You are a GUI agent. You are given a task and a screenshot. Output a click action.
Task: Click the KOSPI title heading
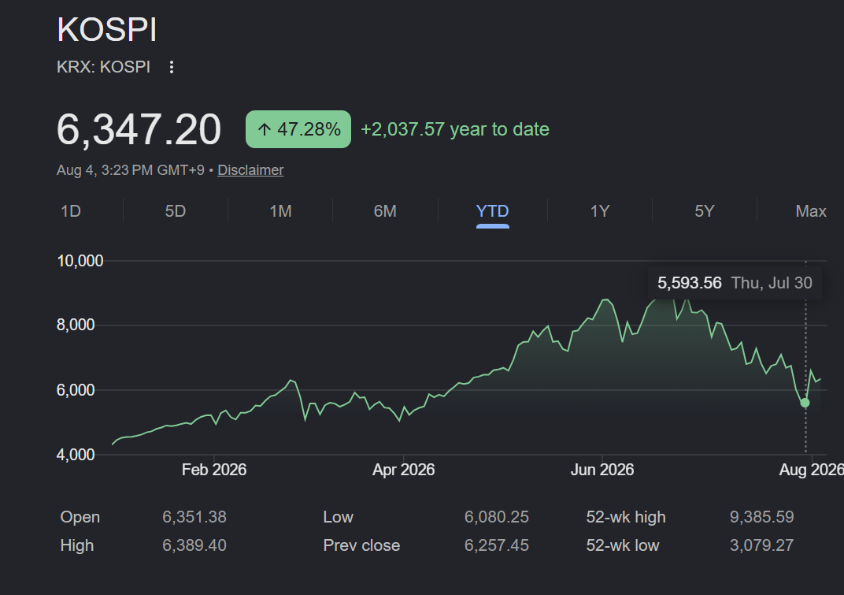[106, 29]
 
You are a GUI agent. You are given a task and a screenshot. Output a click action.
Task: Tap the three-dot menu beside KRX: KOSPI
[171, 67]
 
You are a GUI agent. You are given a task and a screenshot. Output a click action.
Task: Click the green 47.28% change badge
[298, 129]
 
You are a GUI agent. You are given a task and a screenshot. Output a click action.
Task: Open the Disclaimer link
[250, 170]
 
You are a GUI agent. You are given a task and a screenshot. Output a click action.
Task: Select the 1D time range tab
[71, 210]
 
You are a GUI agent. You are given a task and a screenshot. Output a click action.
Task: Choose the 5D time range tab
[176, 210]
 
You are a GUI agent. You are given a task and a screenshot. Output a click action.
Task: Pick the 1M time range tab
[280, 210]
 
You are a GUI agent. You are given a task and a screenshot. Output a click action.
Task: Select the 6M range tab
[385, 210]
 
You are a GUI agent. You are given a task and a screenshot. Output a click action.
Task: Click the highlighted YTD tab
[493, 210]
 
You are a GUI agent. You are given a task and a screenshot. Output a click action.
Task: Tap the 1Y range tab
[600, 210]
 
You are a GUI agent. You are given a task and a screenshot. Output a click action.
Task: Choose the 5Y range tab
[705, 210]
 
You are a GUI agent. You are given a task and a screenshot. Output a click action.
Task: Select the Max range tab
[811, 210]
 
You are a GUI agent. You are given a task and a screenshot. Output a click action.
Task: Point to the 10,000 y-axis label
[80, 261]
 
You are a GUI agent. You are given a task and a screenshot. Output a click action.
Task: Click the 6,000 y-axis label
[76, 389]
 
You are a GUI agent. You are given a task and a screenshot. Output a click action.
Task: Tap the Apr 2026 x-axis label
[404, 470]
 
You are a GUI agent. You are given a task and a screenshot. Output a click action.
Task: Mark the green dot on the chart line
[805, 403]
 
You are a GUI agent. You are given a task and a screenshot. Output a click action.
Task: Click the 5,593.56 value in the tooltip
[690, 283]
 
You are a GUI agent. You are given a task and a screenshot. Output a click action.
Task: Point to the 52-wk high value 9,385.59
[761, 517]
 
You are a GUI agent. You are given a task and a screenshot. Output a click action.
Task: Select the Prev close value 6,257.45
[496, 545]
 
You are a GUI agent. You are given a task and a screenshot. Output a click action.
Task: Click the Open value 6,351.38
[194, 517]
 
